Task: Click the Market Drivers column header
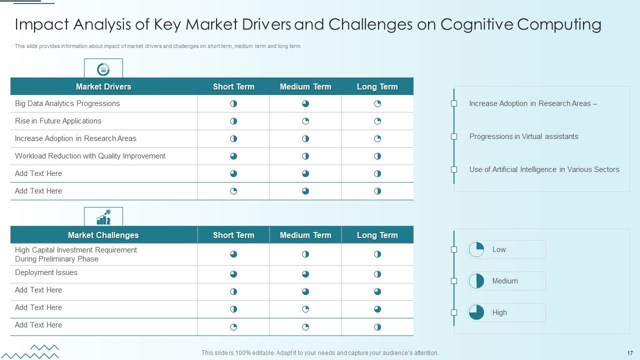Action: pos(103,86)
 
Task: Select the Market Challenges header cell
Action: pos(103,235)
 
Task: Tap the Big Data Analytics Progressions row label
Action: pos(67,103)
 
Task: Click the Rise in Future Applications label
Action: pos(58,121)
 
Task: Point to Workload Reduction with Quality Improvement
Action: pos(90,156)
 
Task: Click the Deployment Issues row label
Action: pos(46,272)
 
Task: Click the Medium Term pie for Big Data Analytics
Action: pos(305,103)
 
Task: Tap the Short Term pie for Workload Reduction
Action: pos(233,156)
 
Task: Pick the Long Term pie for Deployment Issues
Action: pos(377,274)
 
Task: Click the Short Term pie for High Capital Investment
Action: pos(233,254)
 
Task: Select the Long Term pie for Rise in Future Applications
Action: pos(377,121)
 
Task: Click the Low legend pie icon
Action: pos(476,249)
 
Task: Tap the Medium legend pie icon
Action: pos(476,281)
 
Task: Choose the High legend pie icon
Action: pos(476,312)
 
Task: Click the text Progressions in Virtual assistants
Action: pos(523,136)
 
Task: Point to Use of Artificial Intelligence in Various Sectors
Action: pos(544,169)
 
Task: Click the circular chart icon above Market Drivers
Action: pos(103,69)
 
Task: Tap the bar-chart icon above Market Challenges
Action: pos(103,217)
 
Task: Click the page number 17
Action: pos(629,353)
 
